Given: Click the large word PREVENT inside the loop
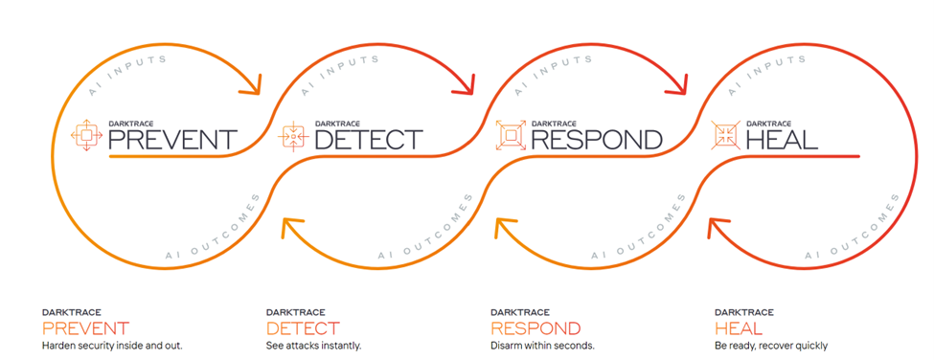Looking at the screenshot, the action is [x=172, y=140].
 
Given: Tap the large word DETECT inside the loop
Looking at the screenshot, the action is [x=369, y=140].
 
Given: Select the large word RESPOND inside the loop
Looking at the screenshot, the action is [x=596, y=140].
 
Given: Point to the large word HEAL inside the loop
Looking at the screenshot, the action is [x=782, y=140].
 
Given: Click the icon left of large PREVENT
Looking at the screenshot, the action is [x=86, y=135].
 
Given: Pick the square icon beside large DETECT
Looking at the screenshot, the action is [x=293, y=136].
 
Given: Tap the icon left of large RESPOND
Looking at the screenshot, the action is [x=511, y=136].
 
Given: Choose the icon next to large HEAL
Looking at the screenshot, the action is [x=725, y=136].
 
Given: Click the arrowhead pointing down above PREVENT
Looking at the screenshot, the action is [x=251, y=84].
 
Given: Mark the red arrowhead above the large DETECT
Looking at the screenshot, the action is [x=464, y=84].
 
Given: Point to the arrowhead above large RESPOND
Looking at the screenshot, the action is [x=678, y=84].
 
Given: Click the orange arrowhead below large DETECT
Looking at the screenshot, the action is [x=292, y=228].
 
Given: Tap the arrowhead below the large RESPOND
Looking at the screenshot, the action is [x=507, y=228].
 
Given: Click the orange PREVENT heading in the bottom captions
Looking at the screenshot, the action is [x=85, y=327].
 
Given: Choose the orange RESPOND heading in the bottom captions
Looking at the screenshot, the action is [x=535, y=327].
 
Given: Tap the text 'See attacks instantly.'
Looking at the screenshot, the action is [x=314, y=346].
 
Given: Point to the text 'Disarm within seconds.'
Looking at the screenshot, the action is [x=543, y=346].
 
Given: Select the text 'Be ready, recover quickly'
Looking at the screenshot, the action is [x=771, y=346].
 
